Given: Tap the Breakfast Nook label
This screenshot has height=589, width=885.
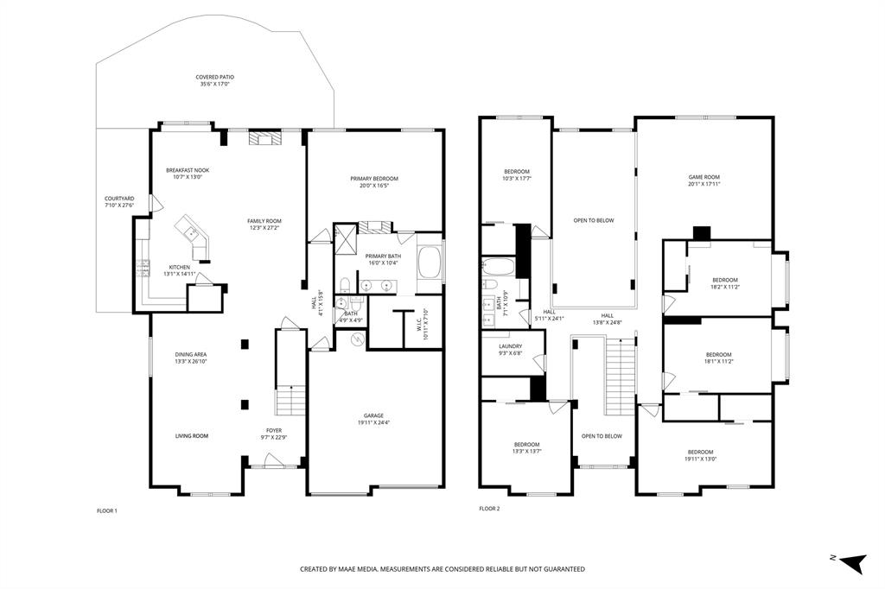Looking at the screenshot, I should pos(188,170).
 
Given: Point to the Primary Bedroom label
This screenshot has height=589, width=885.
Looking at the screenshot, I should pos(374,179).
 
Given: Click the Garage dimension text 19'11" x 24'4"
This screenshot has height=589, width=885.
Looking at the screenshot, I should pos(373,422).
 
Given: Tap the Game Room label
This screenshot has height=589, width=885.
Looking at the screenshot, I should pos(704,177).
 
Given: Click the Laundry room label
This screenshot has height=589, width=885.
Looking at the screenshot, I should pos(510,345).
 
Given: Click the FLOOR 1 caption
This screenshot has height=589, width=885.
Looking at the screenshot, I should pos(107,510).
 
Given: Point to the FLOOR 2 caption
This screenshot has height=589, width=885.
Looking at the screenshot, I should pos(489,509).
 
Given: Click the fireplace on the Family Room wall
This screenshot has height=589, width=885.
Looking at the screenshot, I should pos(264,137).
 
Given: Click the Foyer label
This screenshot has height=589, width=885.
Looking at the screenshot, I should pos(274,430).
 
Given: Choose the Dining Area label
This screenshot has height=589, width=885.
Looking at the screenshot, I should pos(191,355).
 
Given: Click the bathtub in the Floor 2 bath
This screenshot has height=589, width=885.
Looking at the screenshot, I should pos(498,264).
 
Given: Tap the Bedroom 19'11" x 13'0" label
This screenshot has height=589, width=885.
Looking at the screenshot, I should pos(700,452).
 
